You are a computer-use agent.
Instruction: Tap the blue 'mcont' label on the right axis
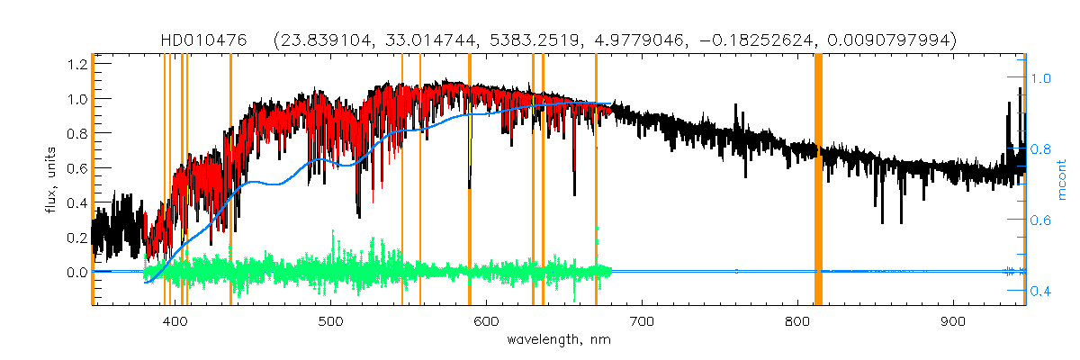[x=1063, y=180]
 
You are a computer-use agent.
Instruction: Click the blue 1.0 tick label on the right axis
[x=1041, y=78]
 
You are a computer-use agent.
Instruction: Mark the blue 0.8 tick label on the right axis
[x=1041, y=149]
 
